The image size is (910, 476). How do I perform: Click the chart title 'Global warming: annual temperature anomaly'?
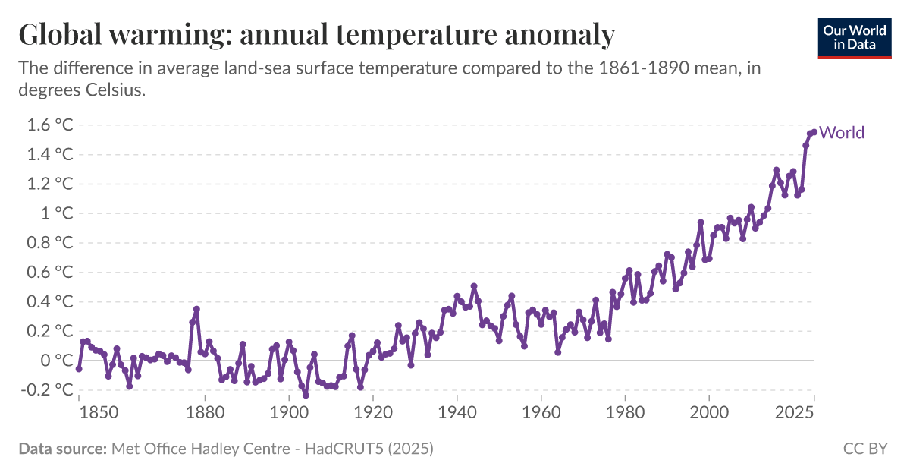point(316,35)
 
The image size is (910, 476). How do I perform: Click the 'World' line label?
point(842,133)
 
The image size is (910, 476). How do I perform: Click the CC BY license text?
point(864,449)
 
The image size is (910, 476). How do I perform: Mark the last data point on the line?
point(814,132)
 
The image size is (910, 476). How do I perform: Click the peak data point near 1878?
point(196,309)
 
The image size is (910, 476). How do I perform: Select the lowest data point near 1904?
point(306,395)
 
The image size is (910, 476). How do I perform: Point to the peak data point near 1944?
point(474,286)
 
